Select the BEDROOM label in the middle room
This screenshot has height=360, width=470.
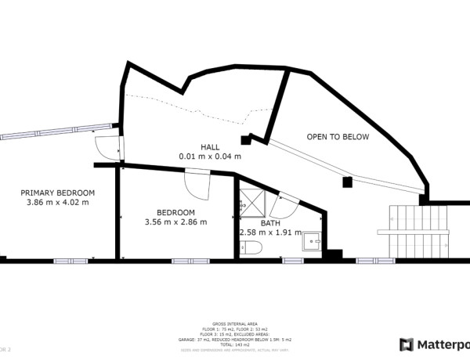[175, 212]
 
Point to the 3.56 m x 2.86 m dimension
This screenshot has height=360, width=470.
[175, 222]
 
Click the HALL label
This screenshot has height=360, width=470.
[210, 146]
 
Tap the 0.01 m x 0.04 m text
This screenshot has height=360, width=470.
[210, 157]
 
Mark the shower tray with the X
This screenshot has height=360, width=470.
[250, 200]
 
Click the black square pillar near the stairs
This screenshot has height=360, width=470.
[348, 182]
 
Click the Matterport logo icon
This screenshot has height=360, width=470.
[407, 344]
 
